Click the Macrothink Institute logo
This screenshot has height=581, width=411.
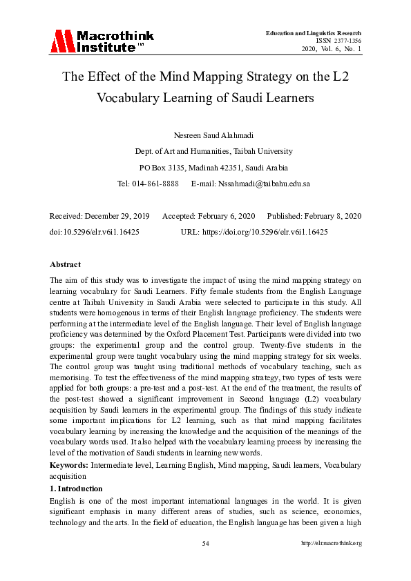click(102, 41)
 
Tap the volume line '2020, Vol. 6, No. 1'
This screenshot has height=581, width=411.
click(331, 49)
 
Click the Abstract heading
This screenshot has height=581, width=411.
click(65, 264)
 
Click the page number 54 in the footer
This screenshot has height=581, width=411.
click(205, 544)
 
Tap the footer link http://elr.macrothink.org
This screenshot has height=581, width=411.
click(332, 544)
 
